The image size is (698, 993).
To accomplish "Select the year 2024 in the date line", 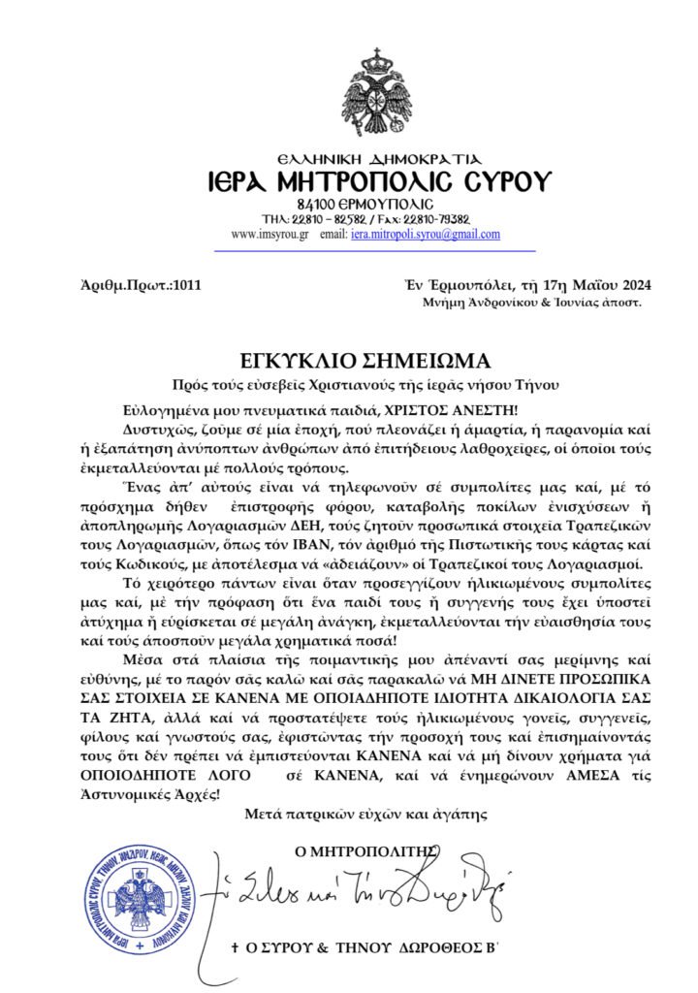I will click(633, 285).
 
